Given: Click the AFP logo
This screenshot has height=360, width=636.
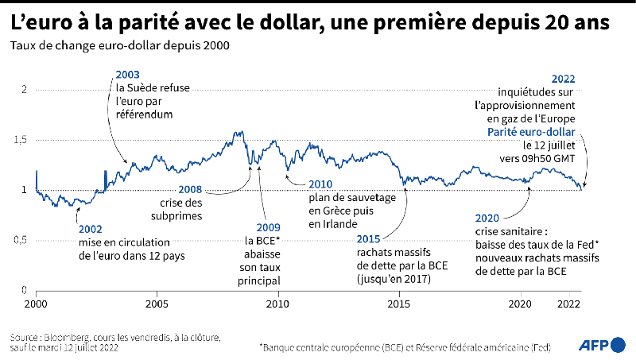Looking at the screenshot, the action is [602, 345].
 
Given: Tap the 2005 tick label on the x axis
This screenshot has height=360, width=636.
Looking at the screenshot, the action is [157, 304].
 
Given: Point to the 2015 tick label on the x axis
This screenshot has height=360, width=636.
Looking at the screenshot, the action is [399, 304].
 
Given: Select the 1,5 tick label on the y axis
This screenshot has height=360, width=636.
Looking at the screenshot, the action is [21, 140].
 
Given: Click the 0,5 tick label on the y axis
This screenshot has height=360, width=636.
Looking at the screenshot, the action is [21, 240].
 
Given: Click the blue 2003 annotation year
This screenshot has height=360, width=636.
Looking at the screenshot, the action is [127, 75].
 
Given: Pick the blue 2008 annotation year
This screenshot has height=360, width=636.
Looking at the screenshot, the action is [190, 189].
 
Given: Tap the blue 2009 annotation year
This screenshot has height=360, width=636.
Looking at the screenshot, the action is [268, 227].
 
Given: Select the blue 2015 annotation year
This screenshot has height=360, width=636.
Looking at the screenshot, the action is [368, 239].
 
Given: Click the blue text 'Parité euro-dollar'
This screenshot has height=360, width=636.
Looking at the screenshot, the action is [531, 132].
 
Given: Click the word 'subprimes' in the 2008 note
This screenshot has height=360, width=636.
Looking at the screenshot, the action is [176, 216].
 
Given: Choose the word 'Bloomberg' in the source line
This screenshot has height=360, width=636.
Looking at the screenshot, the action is [67, 337].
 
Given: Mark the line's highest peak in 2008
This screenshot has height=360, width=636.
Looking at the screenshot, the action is [242, 131].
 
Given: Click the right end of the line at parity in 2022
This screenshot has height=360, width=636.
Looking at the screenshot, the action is [582, 189].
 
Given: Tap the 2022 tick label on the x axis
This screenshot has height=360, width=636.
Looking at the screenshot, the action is [568, 304].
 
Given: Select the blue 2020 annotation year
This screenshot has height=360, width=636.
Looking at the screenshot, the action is [487, 218].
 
